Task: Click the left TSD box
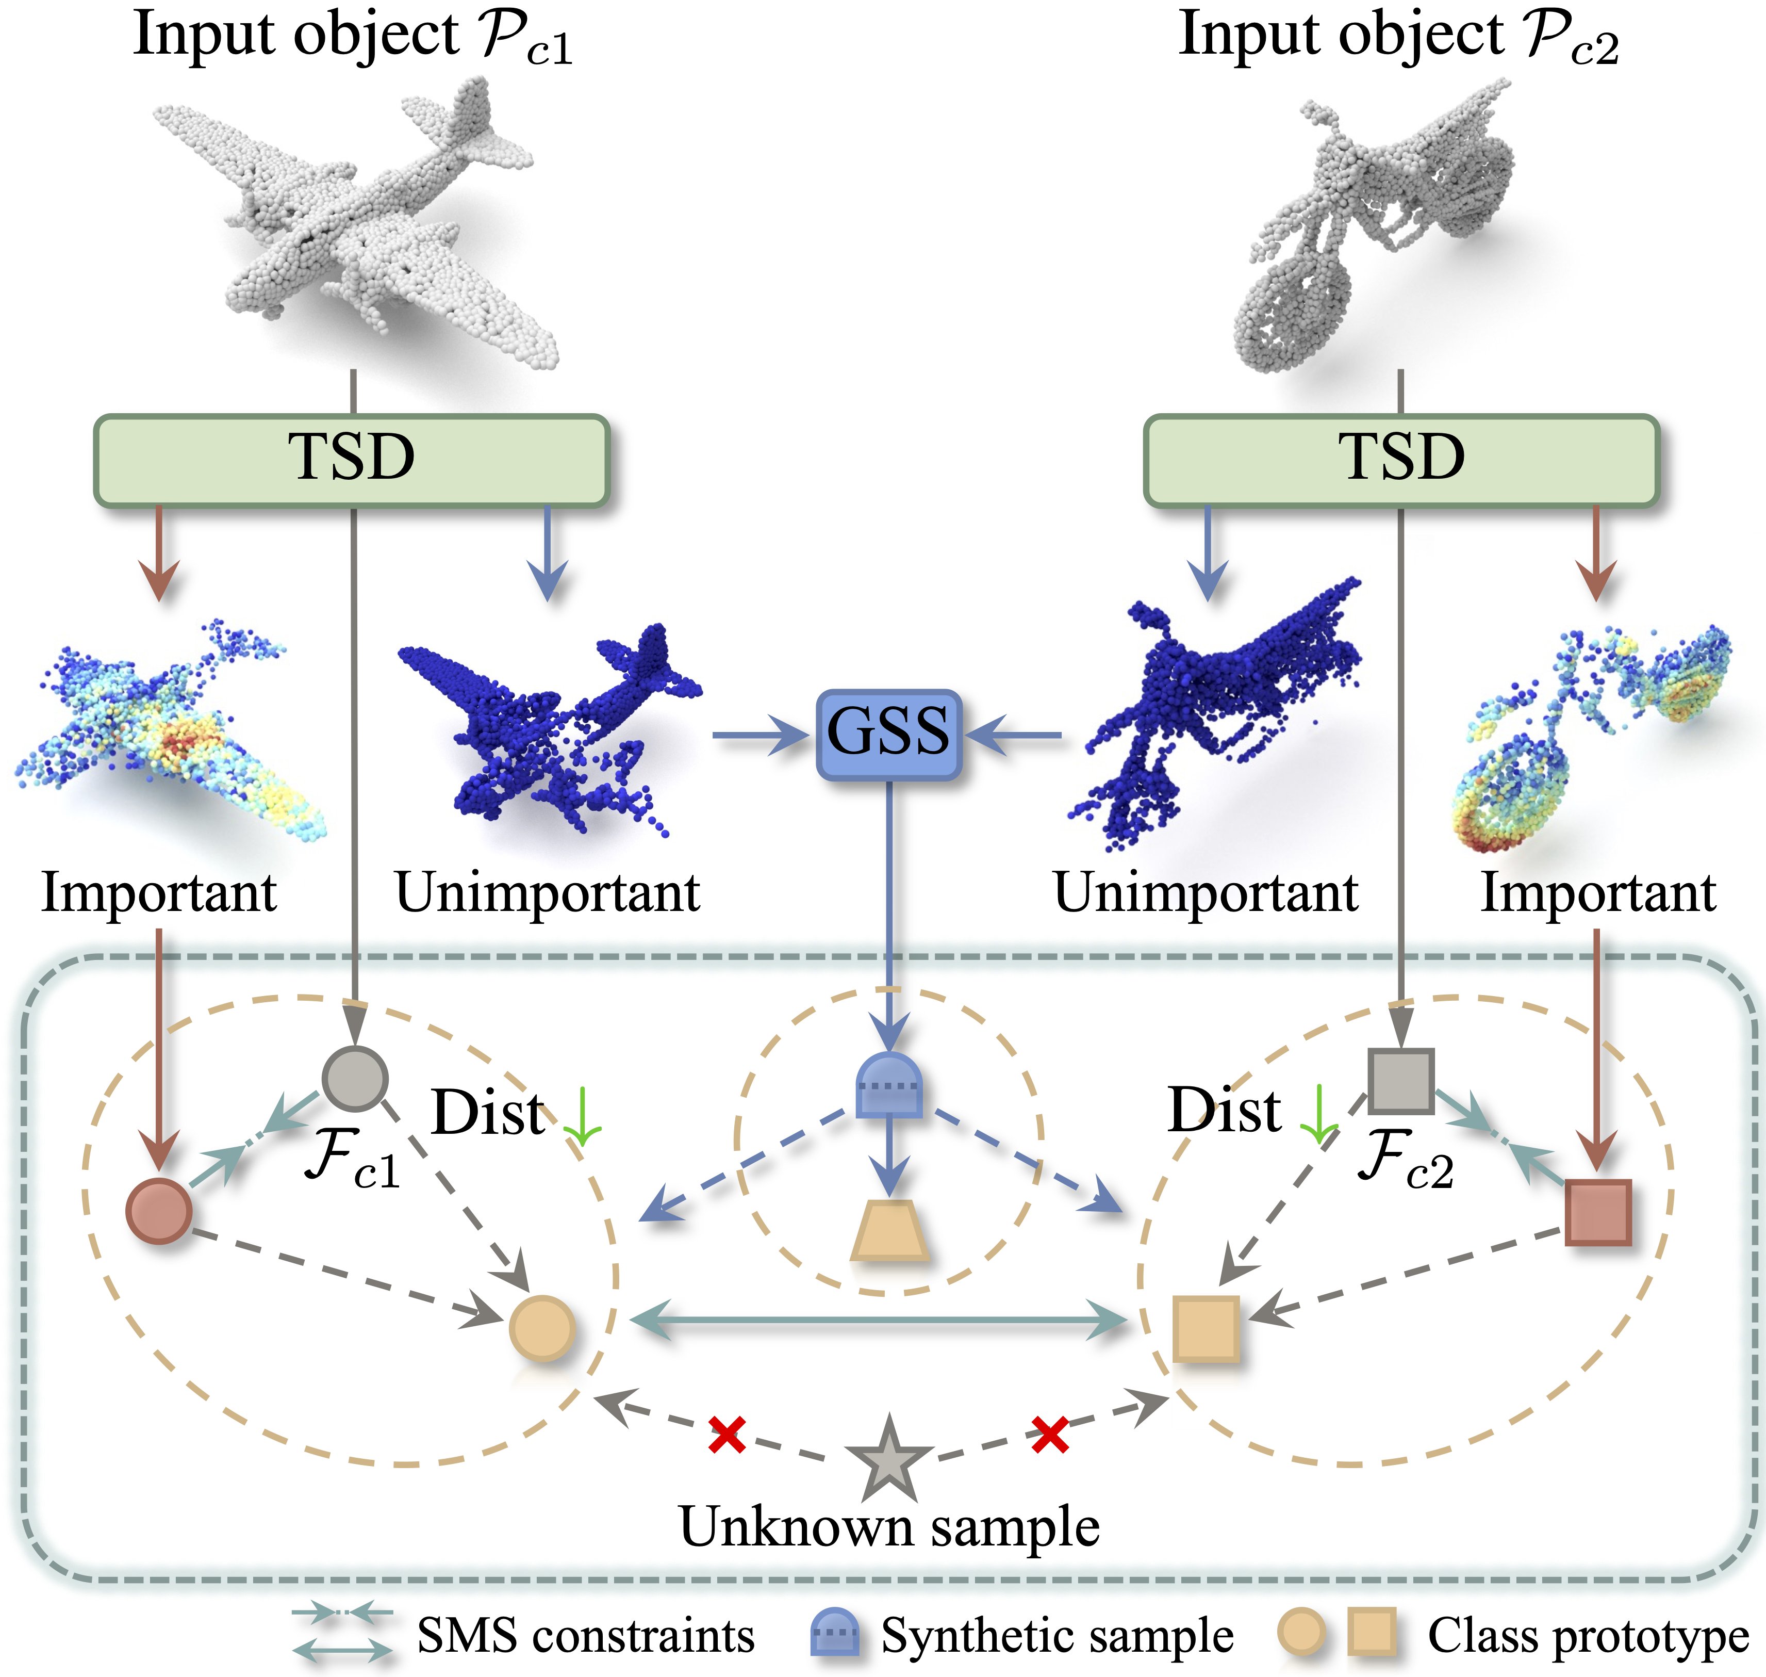(351, 460)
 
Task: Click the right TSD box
(1400, 460)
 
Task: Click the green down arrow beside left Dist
(582, 1117)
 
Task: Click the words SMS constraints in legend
(585, 1636)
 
